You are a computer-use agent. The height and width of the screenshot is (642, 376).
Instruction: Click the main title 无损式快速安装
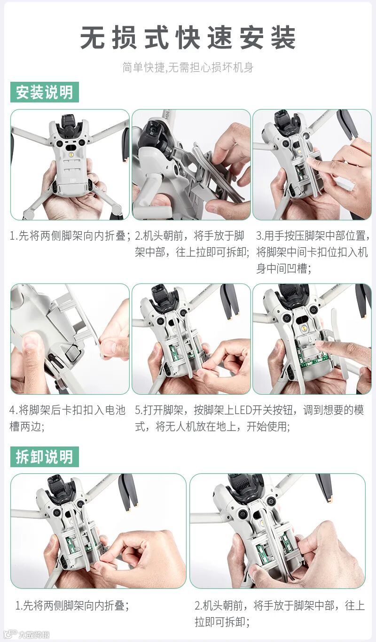(188, 37)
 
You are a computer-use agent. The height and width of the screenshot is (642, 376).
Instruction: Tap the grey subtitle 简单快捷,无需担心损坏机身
(188, 68)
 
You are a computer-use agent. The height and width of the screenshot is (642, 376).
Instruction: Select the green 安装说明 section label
(45, 92)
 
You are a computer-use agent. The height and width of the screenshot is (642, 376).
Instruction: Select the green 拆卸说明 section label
(45, 456)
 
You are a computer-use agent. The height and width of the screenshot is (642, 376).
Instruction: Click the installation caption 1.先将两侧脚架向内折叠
(70, 236)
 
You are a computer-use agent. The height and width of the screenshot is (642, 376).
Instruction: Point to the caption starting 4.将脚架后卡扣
(67, 418)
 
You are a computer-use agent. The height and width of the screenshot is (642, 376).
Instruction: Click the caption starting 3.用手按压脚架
(313, 252)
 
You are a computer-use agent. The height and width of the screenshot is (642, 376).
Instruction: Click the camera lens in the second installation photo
(152, 131)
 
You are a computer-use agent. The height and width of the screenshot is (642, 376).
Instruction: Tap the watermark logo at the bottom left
(25, 634)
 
